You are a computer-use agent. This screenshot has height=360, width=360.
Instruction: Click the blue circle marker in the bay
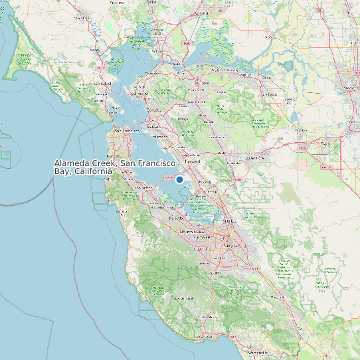179,179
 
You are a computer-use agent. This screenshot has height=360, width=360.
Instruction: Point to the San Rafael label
101,84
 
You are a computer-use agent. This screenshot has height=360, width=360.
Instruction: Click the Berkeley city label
154,110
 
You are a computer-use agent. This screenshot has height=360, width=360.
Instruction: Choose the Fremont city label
211,191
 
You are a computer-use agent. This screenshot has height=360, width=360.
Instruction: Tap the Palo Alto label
177,218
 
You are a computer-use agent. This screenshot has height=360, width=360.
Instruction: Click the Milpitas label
230,221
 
